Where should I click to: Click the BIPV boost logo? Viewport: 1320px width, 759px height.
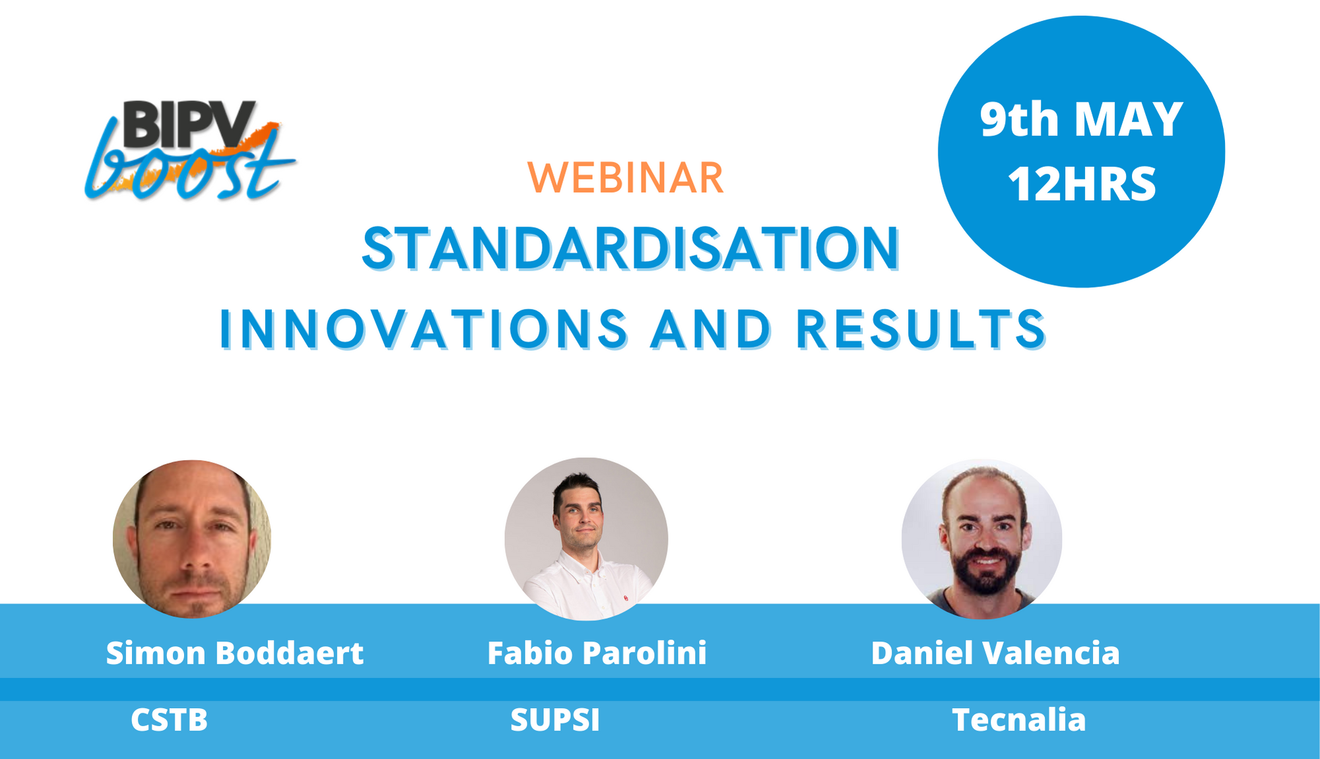pyautogui.click(x=190, y=150)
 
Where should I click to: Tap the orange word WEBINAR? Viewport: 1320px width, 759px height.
pyautogui.click(x=626, y=178)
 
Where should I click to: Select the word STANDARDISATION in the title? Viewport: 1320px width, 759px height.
pyautogui.click(x=631, y=249)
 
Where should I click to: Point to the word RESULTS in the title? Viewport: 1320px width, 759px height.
pyautogui.click(x=921, y=329)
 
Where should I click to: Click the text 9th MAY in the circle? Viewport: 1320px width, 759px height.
pyautogui.click(x=1081, y=119)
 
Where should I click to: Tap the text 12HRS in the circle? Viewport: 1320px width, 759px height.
pyautogui.click(x=1082, y=183)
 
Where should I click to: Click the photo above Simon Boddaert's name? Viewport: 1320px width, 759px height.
pyautogui.click(x=192, y=539)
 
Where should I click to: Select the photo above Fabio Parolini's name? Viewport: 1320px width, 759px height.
pyautogui.click(x=586, y=539)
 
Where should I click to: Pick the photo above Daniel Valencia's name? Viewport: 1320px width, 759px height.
pyautogui.click(x=982, y=539)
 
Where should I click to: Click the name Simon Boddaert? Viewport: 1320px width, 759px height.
pyautogui.click(x=234, y=653)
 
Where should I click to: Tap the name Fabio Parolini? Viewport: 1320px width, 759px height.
pyautogui.click(x=597, y=653)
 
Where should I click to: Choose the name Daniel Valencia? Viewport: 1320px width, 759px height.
pyautogui.click(x=995, y=653)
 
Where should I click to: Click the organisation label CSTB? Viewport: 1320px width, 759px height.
pyautogui.click(x=169, y=719)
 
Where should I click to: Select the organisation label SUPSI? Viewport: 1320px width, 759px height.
pyautogui.click(x=555, y=719)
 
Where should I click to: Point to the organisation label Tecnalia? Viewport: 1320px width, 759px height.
pyautogui.click(x=1018, y=719)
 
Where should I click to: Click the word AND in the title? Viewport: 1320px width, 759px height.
pyautogui.click(x=711, y=329)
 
